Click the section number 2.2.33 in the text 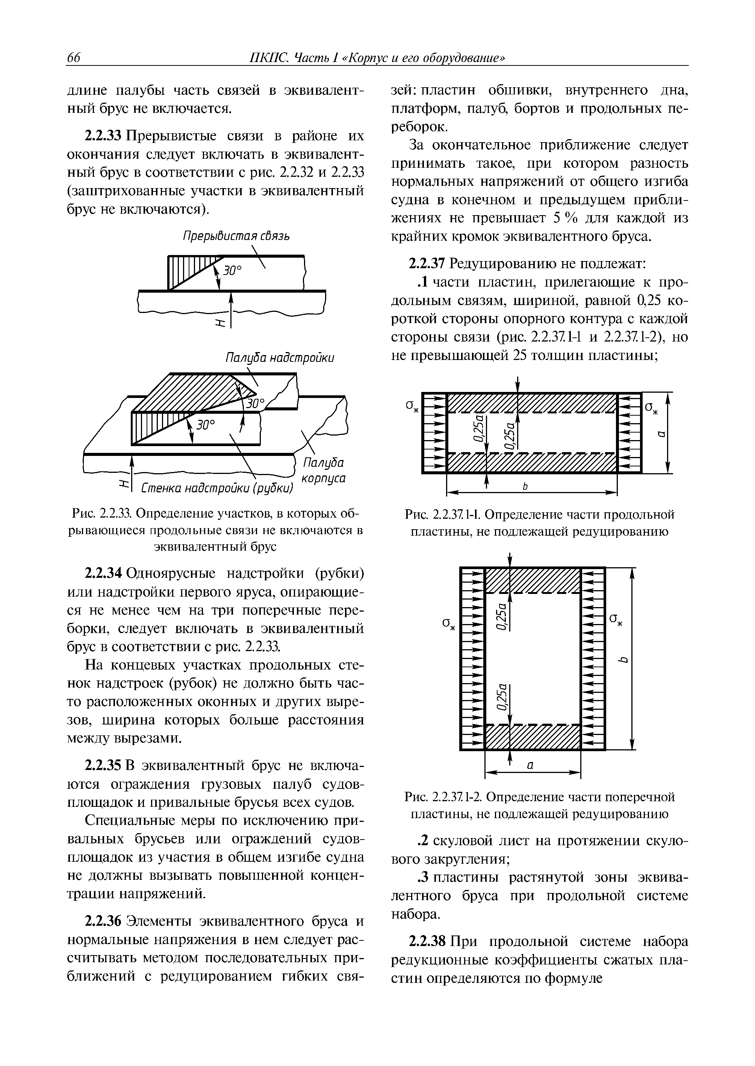click(x=103, y=136)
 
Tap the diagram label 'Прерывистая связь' click(x=235, y=236)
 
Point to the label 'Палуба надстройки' click(x=279, y=358)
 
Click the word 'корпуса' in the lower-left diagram click(x=324, y=478)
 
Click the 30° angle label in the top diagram click(x=233, y=270)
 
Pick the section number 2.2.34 click(x=103, y=573)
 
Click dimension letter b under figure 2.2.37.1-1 click(x=526, y=486)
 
